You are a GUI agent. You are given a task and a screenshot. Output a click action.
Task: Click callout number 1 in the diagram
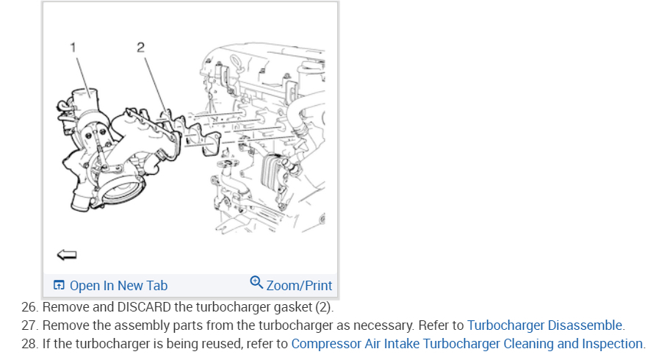(x=73, y=48)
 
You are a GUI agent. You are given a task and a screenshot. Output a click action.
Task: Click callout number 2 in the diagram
(x=140, y=48)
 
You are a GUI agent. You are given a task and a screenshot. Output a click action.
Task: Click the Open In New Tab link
(x=118, y=286)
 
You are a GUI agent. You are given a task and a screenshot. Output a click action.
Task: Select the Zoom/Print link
(x=299, y=286)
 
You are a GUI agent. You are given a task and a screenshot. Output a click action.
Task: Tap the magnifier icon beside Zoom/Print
(x=256, y=283)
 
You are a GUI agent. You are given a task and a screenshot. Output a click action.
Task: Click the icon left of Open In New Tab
(x=60, y=286)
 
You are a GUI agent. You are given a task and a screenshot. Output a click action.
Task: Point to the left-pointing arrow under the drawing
(x=66, y=254)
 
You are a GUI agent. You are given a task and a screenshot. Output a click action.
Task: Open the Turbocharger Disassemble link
(x=544, y=325)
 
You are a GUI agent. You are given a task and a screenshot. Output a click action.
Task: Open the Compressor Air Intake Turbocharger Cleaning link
(x=467, y=343)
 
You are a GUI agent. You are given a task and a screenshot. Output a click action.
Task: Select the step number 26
(x=29, y=306)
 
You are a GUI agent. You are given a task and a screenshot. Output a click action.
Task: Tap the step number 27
(x=29, y=325)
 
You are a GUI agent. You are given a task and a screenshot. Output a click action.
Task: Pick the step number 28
(x=29, y=343)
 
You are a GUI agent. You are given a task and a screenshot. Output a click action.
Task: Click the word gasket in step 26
(x=290, y=306)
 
